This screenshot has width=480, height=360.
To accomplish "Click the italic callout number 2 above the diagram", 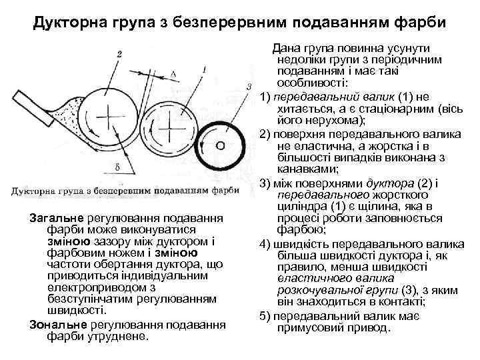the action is tap(118, 53).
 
